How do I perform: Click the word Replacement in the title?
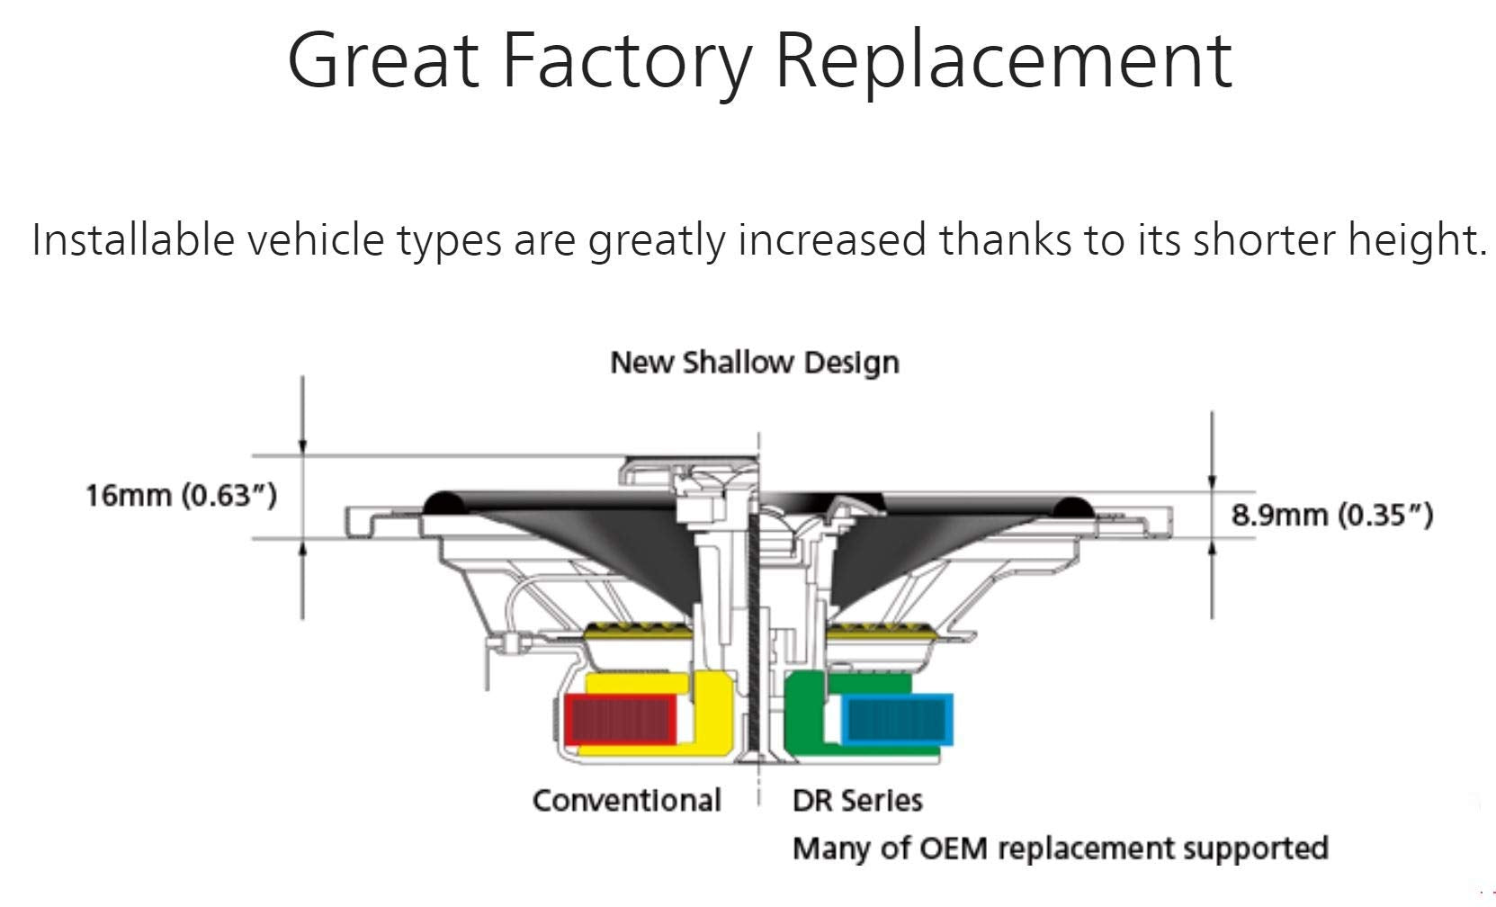point(1002,61)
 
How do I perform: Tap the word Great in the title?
point(382,61)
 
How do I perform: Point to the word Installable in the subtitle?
point(130,240)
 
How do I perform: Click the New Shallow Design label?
point(754,363)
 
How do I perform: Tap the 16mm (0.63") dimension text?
point(181,496)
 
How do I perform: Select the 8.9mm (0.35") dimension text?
point(1331,515)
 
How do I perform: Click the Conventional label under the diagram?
point(626,800)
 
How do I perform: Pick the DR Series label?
point(857,800)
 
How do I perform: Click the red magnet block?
point(621,720)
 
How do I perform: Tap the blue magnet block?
point(896,718)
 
